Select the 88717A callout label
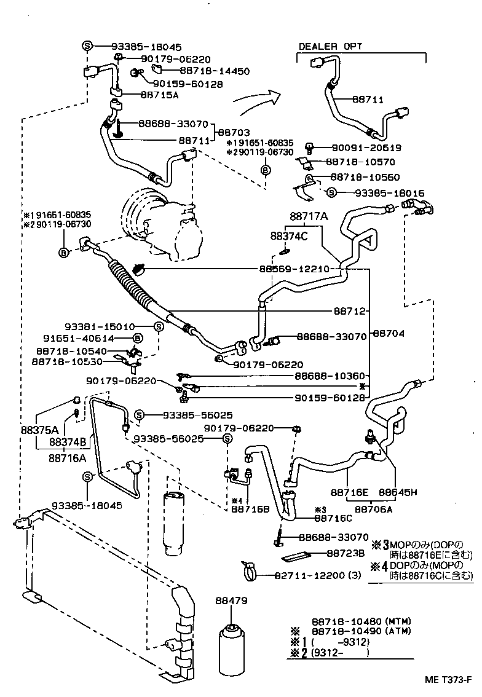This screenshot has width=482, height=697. point(309,216)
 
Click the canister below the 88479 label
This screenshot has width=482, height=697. point(231,650)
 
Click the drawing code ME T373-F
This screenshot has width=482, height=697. point(447,680)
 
